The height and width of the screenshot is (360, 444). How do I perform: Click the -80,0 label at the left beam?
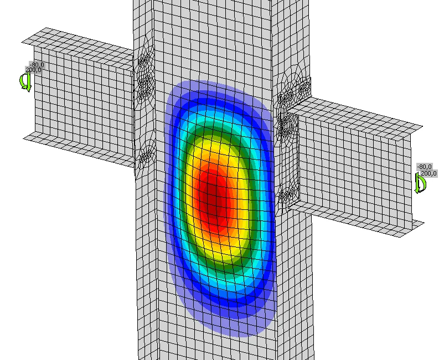point(37,65)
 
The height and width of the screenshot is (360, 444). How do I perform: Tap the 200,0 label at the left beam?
point(33,70)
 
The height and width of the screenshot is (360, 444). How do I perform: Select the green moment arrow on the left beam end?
point(25,82)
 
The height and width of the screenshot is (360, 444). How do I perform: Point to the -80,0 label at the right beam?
point(425,167)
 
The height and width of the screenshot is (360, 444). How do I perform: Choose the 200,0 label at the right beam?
point(428,173)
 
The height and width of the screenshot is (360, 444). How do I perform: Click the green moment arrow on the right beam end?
point(420,183)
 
